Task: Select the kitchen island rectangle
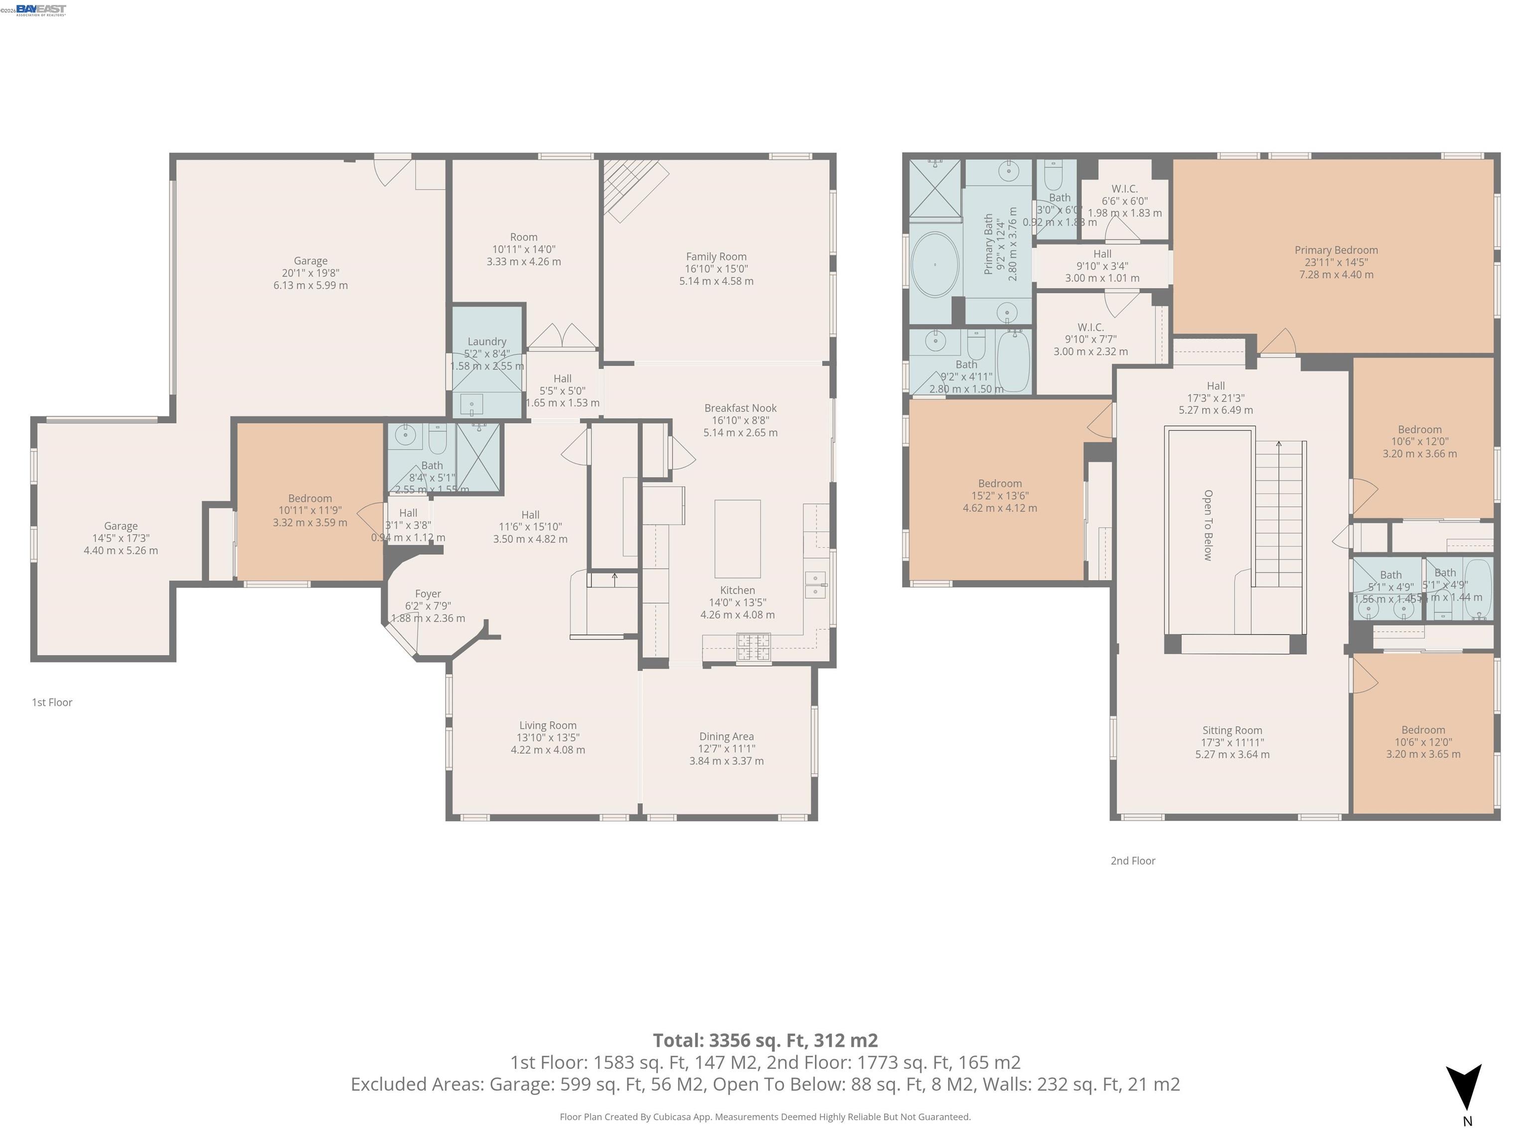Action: (x=737, y=538)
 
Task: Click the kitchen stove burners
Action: (x=753, y=648)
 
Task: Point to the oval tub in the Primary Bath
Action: (x=934, y=265)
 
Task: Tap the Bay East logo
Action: (x=41, y=9)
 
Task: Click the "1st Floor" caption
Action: (x=52, y=703)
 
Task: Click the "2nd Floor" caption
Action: (x=1133, y=861)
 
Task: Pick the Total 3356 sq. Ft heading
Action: (x=765, y=1040)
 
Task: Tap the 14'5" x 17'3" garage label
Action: (x=121, y=538)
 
